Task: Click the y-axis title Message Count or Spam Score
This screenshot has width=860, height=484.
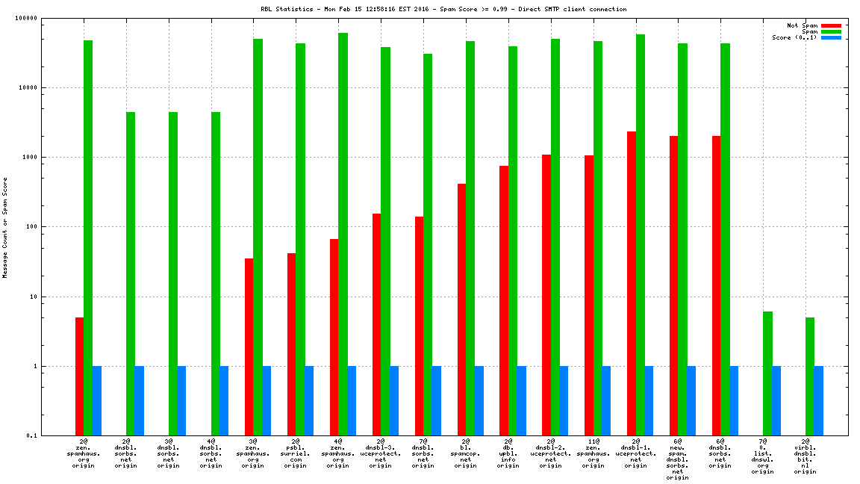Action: click(5, 228)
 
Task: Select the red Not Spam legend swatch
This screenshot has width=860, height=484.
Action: click(831, 25)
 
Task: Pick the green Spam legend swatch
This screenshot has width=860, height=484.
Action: click(831, 31)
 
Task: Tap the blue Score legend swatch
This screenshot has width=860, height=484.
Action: click(831, 37)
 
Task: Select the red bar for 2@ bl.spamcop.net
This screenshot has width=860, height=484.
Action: click(462, 309)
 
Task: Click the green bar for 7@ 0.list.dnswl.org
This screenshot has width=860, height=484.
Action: click(767, 373)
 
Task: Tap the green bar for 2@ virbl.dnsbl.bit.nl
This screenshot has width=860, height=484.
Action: click(810, 376)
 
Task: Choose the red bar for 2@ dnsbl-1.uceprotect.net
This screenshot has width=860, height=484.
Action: click(632, 284)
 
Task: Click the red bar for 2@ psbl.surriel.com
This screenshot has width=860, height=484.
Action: click(292, 344)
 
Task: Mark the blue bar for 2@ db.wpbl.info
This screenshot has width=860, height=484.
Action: click(521, 401)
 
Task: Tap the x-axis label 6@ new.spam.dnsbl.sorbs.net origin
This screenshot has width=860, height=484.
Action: click(678, 459)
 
